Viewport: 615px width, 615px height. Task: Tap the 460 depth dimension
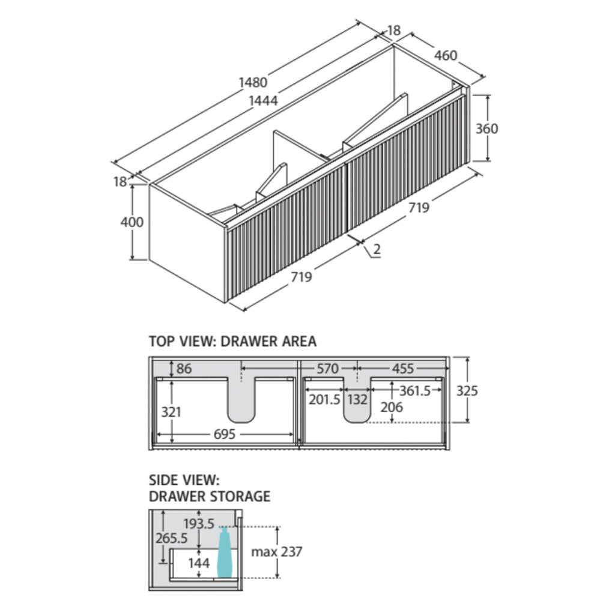446,55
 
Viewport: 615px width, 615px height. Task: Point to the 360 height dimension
486,129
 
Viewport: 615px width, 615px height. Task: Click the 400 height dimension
132,222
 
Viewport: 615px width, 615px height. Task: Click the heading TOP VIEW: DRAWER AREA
232,341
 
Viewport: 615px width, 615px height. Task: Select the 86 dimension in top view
184,369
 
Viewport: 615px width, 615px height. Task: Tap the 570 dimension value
328,369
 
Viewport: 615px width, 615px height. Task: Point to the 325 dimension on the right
467,390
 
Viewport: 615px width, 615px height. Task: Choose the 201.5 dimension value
324,399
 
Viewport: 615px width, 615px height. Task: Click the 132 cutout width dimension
358,399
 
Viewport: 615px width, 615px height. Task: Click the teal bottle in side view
224,554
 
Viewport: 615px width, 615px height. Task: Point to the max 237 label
277,551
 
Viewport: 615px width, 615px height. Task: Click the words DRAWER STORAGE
209,496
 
